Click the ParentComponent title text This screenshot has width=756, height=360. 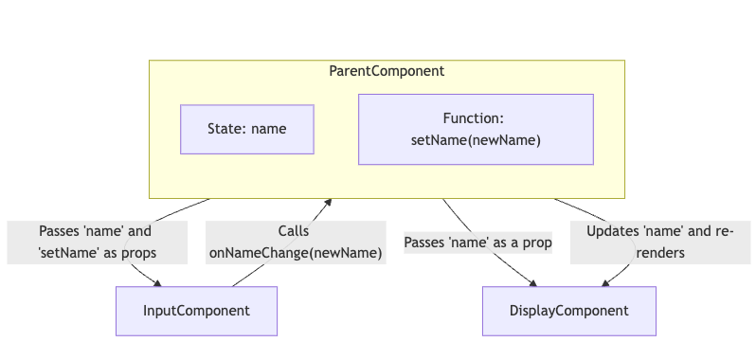pyautogui.click(x=387, y=71)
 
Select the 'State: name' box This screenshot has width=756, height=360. pyautogui.click(x=246, y=129)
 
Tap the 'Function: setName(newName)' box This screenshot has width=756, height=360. pyautogui.click(x=475, y=130)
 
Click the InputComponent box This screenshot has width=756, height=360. pyautogui.click(x=196, y=311)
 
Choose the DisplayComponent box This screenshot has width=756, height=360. pyautogui.click(x=568, y=311)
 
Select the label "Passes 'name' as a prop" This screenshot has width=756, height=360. pyautogui.click(x=477, y=243)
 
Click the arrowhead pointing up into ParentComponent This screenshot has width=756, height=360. pyautogui.click(x=329, y=202)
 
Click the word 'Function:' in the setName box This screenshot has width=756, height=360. pyautogui.click(x=474, y=118)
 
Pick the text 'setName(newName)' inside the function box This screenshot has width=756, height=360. pyautogui.click(x=475, y=141)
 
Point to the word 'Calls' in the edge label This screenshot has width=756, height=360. pyautogui.click(x=294, y=230)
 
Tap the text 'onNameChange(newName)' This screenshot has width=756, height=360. pyautogui.click(x=295, y=253)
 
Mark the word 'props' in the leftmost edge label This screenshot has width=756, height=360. pyautogui.click(x=137, y=253)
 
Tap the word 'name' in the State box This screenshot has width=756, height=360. pyautogui.click(x=269, y=129)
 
